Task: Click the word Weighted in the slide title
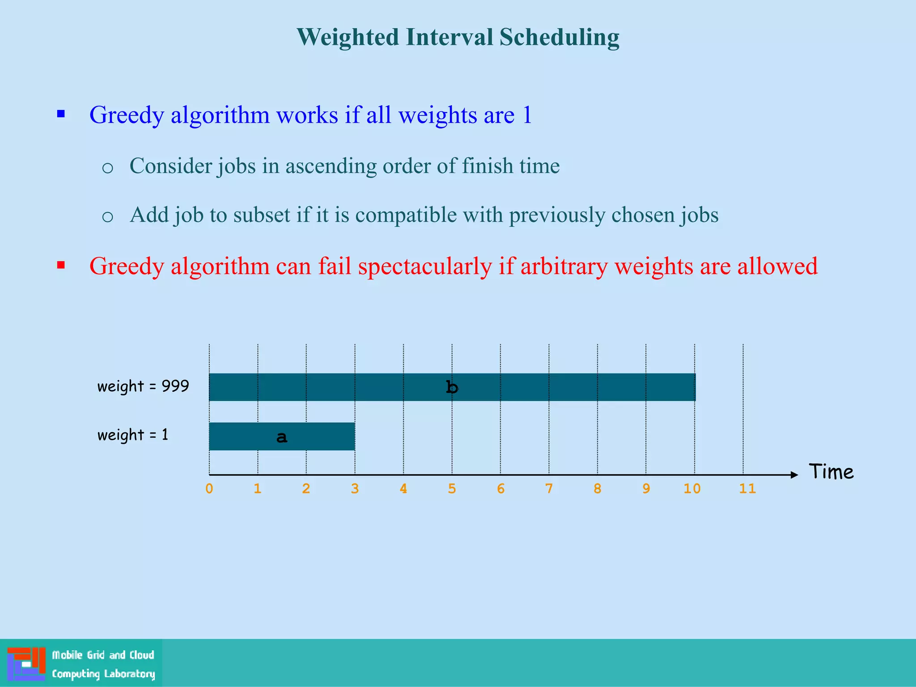click(348, 37)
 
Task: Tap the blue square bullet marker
click(61, 114)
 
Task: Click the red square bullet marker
click(61, 265)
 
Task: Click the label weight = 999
click(143, 386)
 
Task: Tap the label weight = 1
click(133, 435)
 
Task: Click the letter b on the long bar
click(452, 387)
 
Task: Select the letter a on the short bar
click(282, 437)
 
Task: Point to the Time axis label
click(831, 472)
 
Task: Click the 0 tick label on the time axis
click(209, 488)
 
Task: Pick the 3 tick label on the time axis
click(355, 488)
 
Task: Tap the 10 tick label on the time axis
click(692, 488)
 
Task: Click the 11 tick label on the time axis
click(747, 488)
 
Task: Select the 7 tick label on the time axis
click(549, 488)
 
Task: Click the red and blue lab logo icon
click(26, 663)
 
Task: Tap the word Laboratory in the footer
click(129, 674)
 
